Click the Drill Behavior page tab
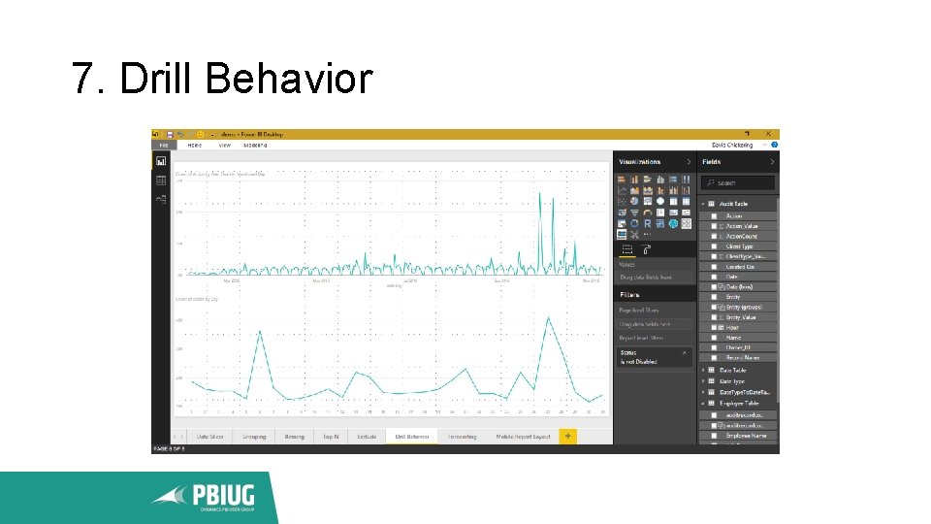[411, 437]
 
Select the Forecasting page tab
[463, 437]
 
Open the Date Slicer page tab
[210, 437]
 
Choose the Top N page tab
[331, 437]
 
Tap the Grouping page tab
[254, 437]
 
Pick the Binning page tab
[294, 437]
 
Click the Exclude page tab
[367, 437]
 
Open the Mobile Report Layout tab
[523, 437]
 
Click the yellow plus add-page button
[567, 436]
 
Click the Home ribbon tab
[195, 145]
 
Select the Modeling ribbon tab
[255, 145]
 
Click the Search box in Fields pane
[739, 182]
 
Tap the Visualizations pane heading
[640, 162]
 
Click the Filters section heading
[630, 294]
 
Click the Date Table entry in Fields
[733, 371]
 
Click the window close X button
[769, 134]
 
